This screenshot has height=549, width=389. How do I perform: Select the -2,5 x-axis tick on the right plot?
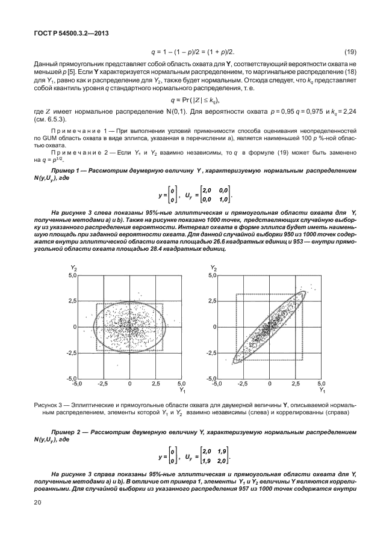pos(243,382)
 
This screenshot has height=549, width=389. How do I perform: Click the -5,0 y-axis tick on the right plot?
pos(210,378)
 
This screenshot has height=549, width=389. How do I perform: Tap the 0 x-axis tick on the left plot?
pos(129,382)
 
